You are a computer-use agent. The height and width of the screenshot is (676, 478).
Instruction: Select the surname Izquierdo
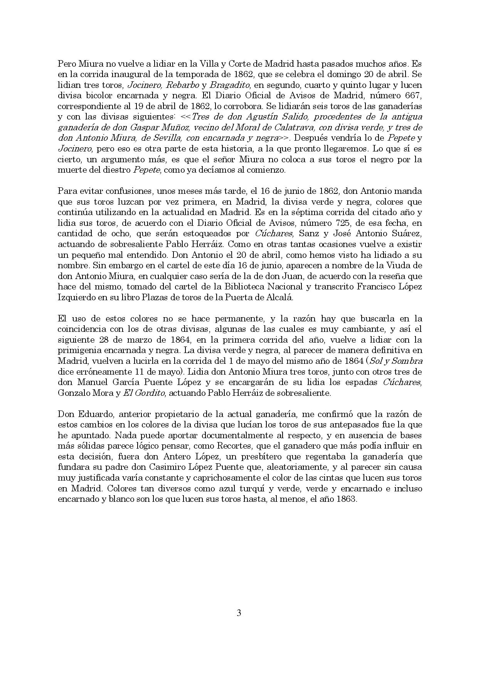click(74, 297)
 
